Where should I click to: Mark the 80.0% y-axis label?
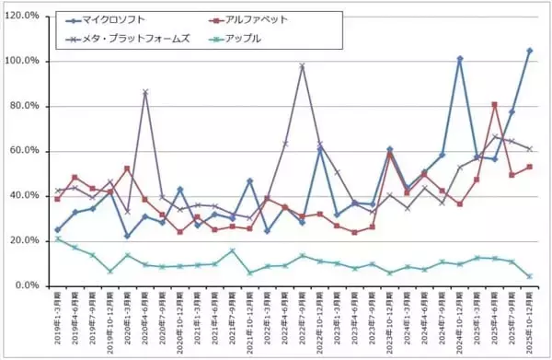(22, 106)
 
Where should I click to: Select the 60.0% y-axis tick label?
(22, 151)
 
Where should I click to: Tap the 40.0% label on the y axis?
(22, 196)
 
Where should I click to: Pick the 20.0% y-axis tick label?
(22, 241)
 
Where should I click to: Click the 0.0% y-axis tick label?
(25, 285)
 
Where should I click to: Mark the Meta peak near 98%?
(302, 65)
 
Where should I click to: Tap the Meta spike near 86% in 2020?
(144, 92)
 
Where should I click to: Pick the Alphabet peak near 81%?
(495, 104)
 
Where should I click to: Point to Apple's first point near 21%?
(57, 238)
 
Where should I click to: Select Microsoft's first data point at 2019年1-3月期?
(57, 230)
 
